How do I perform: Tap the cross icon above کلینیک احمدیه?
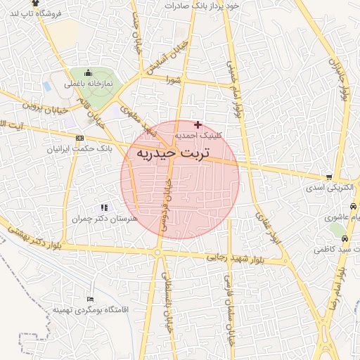pos(197,124)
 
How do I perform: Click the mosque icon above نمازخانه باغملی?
pos(88,72)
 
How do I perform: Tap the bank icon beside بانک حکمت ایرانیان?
pos(79,138)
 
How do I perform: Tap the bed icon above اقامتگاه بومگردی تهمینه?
pos(89,299)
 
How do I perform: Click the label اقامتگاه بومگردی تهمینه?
pos(85,309)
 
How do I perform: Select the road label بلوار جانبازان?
pos(345,77)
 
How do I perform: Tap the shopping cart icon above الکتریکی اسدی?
pos(328,177)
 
